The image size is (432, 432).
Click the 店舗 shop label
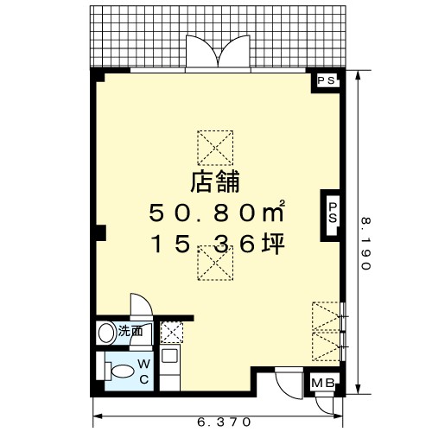tap(215, 181)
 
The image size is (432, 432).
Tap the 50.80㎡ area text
tap(217, 212)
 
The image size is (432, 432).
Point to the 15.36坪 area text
tap(218, 244)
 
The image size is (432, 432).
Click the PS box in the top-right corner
tap(327, 80)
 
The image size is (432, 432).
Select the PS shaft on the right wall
tap(333, 213)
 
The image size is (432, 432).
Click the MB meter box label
tap(323, 383)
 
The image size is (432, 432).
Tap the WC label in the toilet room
tap(143, 372)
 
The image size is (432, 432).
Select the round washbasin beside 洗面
tap(105, 333)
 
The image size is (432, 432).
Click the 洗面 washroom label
tap(130, 332)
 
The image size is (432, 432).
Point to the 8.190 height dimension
tap(365, 244)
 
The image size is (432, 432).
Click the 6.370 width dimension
tap(224, 422)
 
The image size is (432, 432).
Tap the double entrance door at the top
tap(218, 53)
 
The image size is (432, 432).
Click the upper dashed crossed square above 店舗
tap(215, 148)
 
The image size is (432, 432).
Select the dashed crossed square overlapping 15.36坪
tap(215, 263)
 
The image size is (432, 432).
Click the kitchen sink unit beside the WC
tap(170, 367)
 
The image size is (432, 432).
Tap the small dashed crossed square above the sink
tap(172, 333)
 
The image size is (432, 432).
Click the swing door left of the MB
tap(289, 384)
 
